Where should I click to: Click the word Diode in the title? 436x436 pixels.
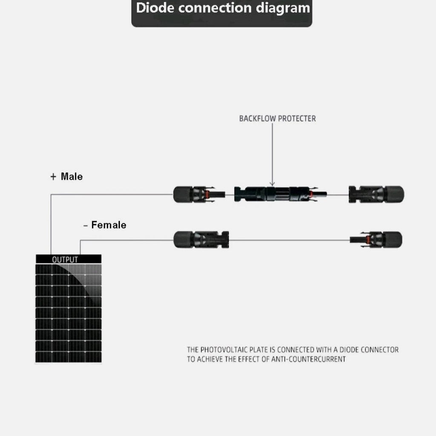click(x=155, y=8)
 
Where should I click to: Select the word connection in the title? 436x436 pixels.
click(x=215, y=8)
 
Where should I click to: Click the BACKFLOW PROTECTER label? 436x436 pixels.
click(x=278, y=119)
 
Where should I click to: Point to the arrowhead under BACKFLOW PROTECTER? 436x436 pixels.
click(x=272, y=184)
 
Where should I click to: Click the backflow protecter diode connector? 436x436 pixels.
click(x=280, y=194)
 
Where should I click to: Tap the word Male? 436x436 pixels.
click(x=72, y=177)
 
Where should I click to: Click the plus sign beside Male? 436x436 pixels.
click(x=53, y=177)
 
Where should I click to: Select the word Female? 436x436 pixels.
click(x=109, y=225)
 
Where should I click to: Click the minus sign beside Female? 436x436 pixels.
click(x=85, y=226)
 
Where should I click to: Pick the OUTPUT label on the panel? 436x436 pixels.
click(x=65, y=260)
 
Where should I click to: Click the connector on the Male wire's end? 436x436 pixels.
click(x=199, y=194)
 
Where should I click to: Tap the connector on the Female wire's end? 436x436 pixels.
click(x=201, y=239)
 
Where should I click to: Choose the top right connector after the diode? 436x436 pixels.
click(x=376, y=194)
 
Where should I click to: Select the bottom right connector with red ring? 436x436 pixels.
click(x=376, y=239)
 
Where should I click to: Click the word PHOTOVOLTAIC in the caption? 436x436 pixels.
click(x=224, y=350)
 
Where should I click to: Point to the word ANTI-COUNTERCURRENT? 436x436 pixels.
click(x=308, y=359)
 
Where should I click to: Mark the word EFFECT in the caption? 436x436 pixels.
click(x=250, y=359)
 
